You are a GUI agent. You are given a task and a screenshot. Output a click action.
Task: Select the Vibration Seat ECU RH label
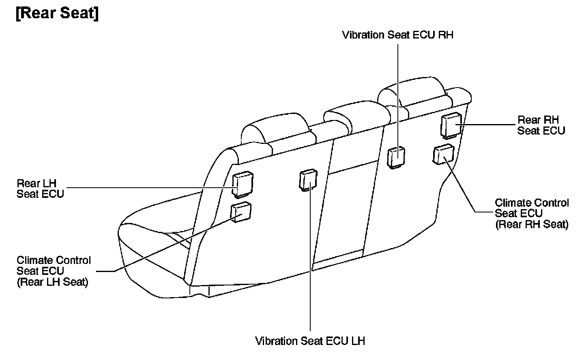click(x=397, y=35)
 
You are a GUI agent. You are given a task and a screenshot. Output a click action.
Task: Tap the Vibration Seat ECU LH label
click(x=310, y=341)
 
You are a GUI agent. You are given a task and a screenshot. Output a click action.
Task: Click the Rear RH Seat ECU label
click(x=541, y=125)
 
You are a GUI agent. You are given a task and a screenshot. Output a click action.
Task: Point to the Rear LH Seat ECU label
click(x=40, y=188)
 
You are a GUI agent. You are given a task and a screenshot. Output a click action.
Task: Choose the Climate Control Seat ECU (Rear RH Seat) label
click(x=532, y=213)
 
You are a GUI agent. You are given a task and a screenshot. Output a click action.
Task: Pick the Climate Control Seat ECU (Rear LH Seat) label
click(x=54, y=271)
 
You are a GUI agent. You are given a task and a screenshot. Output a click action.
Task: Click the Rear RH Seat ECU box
click(x=451, y=124)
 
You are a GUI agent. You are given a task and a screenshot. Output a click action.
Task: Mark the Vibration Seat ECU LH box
click(x=308, y=180)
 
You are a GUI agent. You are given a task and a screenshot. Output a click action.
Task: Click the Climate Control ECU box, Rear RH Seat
click(x=443, y=154)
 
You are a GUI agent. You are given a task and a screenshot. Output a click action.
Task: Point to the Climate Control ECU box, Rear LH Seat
click(x=241, y=212)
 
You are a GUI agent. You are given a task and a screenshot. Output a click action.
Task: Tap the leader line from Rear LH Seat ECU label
click(x=150, y=188)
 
